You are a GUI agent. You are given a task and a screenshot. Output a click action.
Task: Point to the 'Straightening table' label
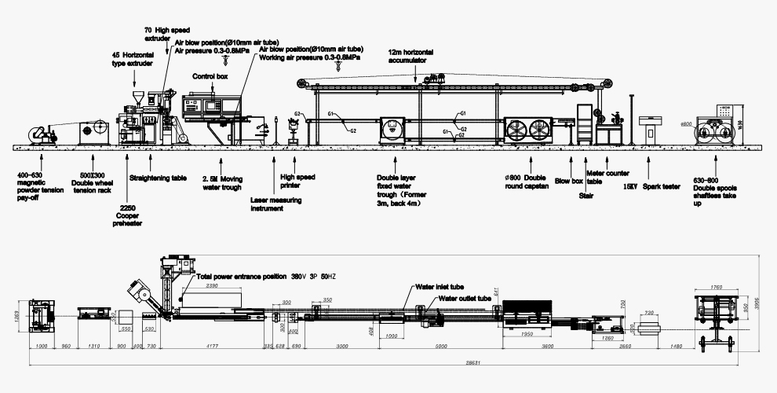pos(158,178)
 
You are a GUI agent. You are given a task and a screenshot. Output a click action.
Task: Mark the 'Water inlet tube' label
pos(440,287)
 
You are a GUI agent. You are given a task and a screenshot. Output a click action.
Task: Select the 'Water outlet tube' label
pos(465,299)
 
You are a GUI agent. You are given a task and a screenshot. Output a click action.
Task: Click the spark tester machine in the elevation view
pos(650,130)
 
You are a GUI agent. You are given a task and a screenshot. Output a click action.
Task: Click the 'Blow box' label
pos(569,181)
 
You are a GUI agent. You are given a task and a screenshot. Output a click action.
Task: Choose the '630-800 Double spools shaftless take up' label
pos(715,189)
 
